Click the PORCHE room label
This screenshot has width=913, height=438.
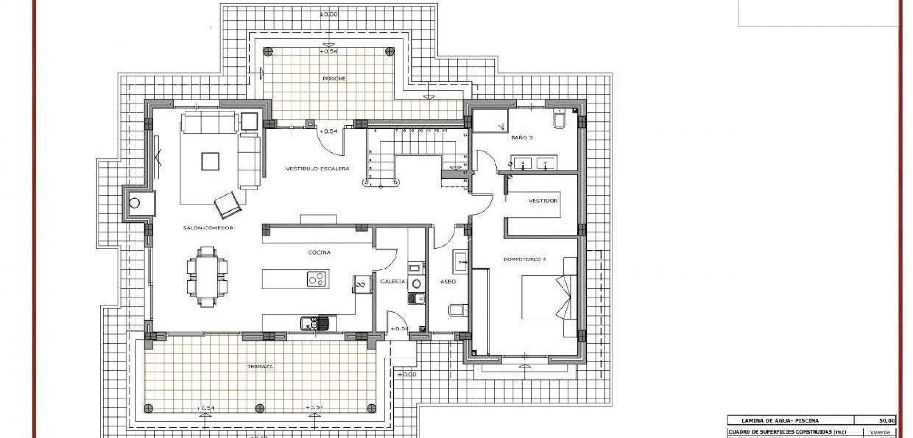pyautogui.click(x=334, y=79)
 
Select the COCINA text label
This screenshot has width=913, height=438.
pyautogui.click(x=319, y=252)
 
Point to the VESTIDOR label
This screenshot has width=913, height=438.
pyautogui.click(x=543, y=201)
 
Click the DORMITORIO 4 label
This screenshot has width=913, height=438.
pyautogui.click(x=524, y=259)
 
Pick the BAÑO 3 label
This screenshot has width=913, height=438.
pyautogui.click(x=522, y=138)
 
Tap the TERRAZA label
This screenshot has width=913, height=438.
pyautogui.click(x=260, y=367)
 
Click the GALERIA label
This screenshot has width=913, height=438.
pyautogui.click(x=393, y=281)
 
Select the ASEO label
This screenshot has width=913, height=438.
pyautogui.click(x=447, y=282)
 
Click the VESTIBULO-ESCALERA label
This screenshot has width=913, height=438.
pyautogui.click(x=318, y=169)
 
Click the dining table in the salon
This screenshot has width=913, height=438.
pyautogui.click(x=207, y=277)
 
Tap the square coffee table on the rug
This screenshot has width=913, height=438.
pyautogui.click(x=210, y=161)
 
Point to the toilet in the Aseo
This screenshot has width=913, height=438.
pyautogui.click(x=455, y=310)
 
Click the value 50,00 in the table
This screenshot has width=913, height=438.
pyautogui.click(x=887, y=420)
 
